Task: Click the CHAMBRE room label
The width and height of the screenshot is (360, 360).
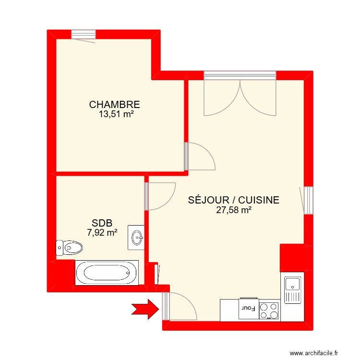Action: [114, 104]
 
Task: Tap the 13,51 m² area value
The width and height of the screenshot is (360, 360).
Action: [116, 114]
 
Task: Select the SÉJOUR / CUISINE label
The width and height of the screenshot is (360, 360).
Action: [234, 200]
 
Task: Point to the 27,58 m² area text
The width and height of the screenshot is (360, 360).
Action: [234, 210]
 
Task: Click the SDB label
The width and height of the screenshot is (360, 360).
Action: [102, 223]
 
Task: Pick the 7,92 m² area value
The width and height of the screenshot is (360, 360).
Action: [102, 233]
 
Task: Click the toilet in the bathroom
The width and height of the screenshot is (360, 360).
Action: [69, 248]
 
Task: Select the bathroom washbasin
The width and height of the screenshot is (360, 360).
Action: [136, 237]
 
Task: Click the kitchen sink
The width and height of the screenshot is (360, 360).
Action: [292, 290]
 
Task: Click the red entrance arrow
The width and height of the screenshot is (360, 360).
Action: [145, 308]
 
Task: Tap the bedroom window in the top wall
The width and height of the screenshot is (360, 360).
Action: [84, 34]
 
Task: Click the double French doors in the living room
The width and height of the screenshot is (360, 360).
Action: [240, 96]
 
